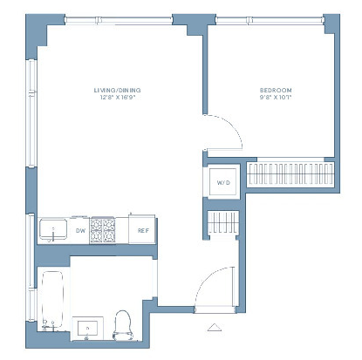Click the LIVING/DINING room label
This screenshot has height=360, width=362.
[117, 90]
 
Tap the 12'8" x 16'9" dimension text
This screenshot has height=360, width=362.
[118, 98]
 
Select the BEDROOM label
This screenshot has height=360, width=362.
[276, 90]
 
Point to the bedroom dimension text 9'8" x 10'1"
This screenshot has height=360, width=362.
[276, 98]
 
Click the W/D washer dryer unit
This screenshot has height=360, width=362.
[223, 182]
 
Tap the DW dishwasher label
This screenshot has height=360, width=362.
[80, 231]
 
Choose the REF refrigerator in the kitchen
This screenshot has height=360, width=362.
[142, 229]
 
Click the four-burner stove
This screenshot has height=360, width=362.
[102, 230]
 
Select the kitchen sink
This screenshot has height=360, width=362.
[53, 229]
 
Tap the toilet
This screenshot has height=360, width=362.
[123, 325]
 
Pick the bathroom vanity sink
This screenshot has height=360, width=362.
[88, 329]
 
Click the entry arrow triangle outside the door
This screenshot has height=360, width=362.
[215, 327]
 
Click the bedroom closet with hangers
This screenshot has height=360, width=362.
[290, 174]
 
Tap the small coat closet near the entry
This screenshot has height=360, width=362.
[223, 222]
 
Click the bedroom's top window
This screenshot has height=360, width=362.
[270, 20]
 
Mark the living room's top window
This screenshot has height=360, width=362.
[119, 20]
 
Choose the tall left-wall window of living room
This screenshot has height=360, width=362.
[31, 113]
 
